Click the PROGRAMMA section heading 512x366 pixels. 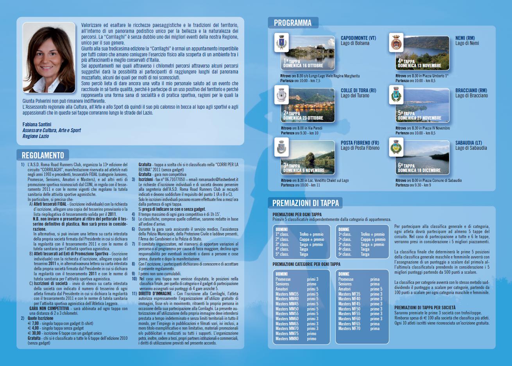[293, 23]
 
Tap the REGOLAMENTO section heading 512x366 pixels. [43, 155]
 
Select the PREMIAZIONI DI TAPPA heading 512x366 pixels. [305, 203]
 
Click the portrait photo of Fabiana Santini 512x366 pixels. [49, 57]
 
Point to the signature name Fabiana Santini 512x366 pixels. [37, 125]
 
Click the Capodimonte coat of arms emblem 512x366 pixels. [281, 42]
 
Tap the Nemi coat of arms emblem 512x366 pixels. [396, 42]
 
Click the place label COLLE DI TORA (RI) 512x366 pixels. [358, 90]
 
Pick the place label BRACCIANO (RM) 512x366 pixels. [471, 90]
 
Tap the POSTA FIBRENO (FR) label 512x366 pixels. [360, 143]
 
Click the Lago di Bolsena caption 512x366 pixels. [355, 43]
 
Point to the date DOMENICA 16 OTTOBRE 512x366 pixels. [303, 66]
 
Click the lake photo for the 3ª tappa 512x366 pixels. [309, 157]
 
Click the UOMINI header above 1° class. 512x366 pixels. [281, 230]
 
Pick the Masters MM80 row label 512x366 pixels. [287, 339]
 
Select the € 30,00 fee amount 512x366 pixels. [34, 333]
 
